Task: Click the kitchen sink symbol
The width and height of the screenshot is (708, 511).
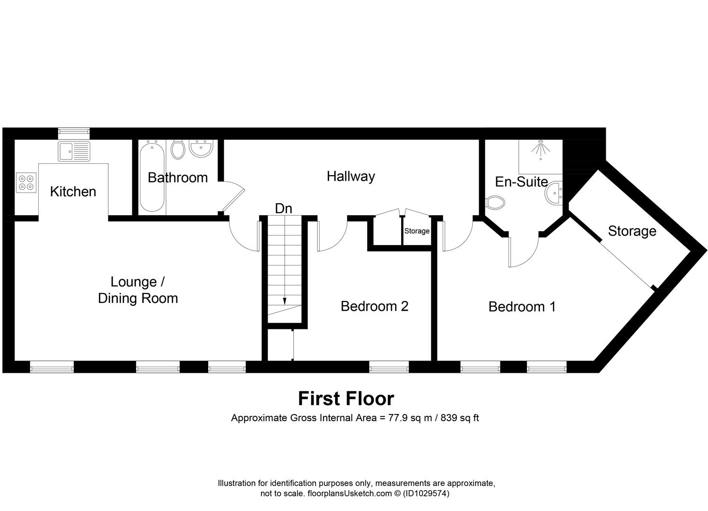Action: [74, 151]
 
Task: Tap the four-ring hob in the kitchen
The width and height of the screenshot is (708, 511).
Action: [26, 183]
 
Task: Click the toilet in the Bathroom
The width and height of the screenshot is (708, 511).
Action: [178, 150]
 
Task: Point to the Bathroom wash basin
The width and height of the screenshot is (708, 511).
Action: [201, 149]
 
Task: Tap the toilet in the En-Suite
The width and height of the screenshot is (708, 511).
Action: [495, 203]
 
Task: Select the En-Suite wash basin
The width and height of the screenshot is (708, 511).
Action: [554, 193]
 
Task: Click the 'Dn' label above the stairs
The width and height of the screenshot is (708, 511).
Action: [283, 208]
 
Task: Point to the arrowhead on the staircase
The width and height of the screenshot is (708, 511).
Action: [285, 300]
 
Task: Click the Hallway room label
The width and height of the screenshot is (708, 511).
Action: [350, 176]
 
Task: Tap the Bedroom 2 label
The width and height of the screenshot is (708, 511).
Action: [374, 306]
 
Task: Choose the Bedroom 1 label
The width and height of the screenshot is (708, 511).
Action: [522, 307]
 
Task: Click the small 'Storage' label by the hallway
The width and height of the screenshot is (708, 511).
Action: [417, 231]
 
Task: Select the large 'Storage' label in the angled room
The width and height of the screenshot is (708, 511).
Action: [632, 231]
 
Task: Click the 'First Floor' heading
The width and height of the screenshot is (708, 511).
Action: [346, 398]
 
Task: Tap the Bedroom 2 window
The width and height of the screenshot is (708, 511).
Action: [389, 367]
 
